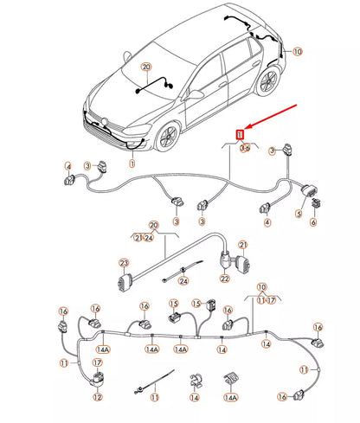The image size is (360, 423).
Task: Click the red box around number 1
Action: point(241,133)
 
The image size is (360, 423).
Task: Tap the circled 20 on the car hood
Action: point(145,66)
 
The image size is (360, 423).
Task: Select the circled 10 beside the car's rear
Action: point(298,52)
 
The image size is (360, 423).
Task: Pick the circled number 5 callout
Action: point(300,214)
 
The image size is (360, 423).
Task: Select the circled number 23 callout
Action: point(124,264)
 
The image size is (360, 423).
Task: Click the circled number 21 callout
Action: point(242,246)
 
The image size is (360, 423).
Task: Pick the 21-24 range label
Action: point(144,237)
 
